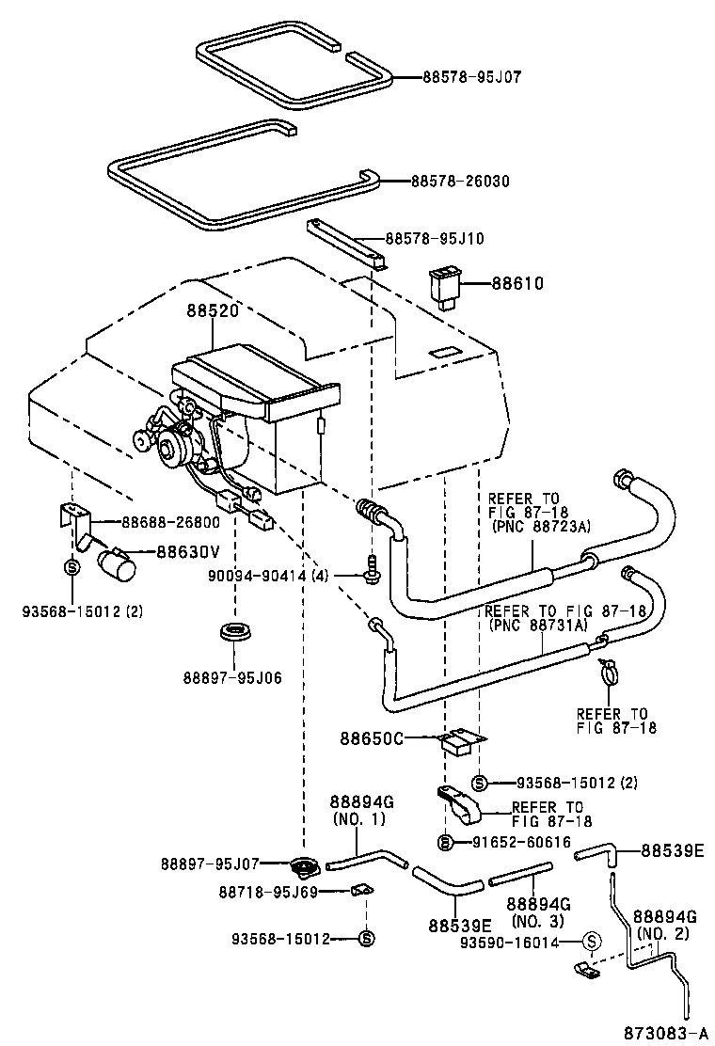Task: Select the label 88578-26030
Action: point(459,181)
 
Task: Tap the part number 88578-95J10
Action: point(434,239)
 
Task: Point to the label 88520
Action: point(212,309)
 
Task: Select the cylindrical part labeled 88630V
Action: point(118,566)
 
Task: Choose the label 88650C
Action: point(372,738)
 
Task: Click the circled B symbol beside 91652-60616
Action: point(447,841)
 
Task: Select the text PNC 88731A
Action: point(538,624)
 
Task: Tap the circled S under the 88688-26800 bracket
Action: point(71,567)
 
